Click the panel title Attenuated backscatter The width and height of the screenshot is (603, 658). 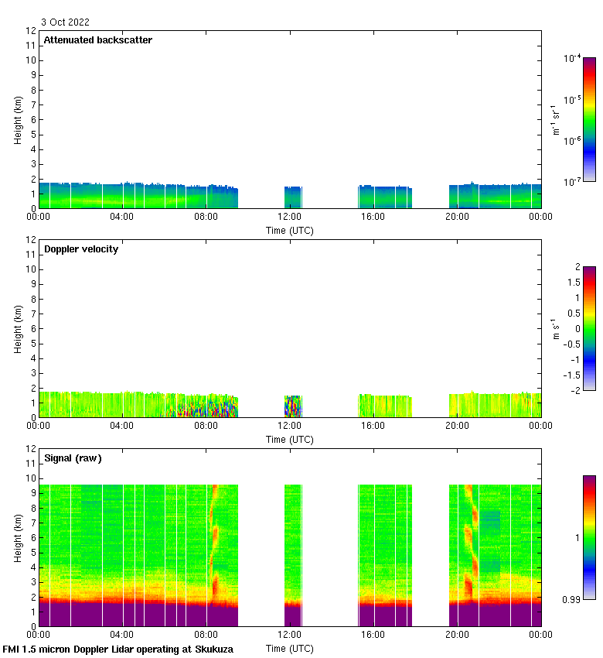click(x=98, y=40)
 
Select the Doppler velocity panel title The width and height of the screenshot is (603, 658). click(x=81, y=249)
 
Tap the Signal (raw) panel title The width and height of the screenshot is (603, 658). click(x=73, y=458)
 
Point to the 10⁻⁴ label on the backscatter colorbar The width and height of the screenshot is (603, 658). click(x=572, y=58)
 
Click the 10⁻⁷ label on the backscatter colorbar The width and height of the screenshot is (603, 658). click(x=572, y=181)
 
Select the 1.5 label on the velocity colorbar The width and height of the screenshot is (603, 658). click(x=573, y=282)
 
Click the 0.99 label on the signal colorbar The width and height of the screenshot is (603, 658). click(x=571, y=599)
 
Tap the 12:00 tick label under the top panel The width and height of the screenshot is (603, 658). click(x=290, y=217)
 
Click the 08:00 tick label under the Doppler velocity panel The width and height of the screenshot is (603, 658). click(x=206, y=426)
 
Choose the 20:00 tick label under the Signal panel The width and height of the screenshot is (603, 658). click(x=457, y=635)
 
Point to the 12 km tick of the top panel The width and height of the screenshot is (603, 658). click(x=31, y=31)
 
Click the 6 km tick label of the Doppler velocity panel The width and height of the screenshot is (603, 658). click(x=33, y=328)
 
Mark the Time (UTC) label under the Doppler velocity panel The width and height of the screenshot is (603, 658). click(x=290, y=440)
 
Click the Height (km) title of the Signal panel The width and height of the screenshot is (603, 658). click(x=18, y=537)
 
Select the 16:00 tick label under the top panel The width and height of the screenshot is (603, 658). click(x=373, y=217)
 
